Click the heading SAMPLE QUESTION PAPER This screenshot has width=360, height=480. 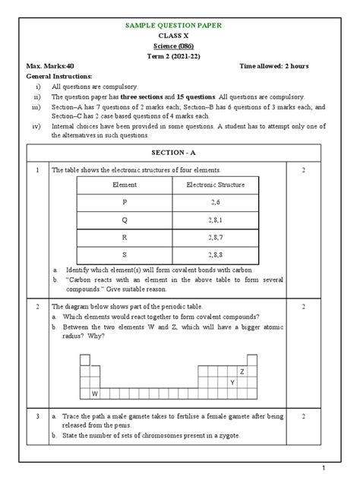pyautogui.click(x=180, y=26)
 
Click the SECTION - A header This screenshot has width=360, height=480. pyautogui.click(x=180, y=152)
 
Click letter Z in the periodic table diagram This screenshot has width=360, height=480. pyautogui.click(x=242, y=372)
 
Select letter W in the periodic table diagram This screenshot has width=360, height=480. pyautogui.click(x=95, y=394)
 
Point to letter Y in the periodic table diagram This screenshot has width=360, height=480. pyautogui.click(x=232, y=383)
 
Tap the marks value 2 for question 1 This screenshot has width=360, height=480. pyautogui.click(x=303, y=171)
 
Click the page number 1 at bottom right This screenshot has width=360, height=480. pyautogui.click(x=344, y=467)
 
